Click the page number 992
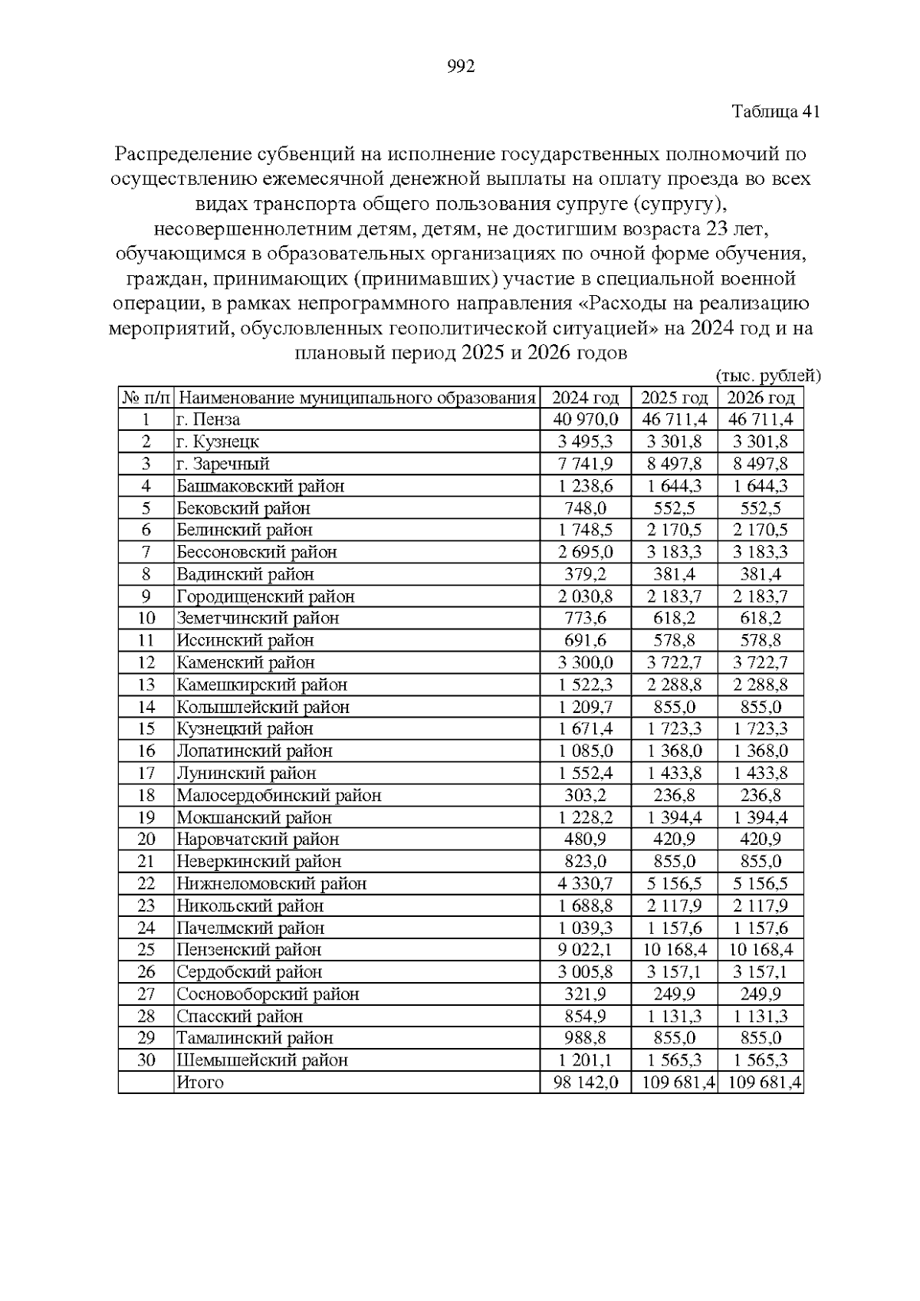pos(460,67)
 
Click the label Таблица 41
pos(776,112)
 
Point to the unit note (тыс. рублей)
pos(767,376)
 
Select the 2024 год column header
pos(586,397)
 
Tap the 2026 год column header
pos(761,397)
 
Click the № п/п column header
pos(146,397)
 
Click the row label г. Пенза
pos(209,419)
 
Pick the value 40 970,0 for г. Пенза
pos(586,419)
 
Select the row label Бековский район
pos(243,508)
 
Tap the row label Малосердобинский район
pos(278,795)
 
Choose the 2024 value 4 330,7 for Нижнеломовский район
pos(586,883)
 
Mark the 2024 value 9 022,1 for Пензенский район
pos(586,950)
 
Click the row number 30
pos(146,1060)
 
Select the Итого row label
pos(200,1083)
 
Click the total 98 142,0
pos(586,1083)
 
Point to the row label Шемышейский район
pos(262,1060)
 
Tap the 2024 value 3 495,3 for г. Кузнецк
pos(586,442)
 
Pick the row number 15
pos(146,728)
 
